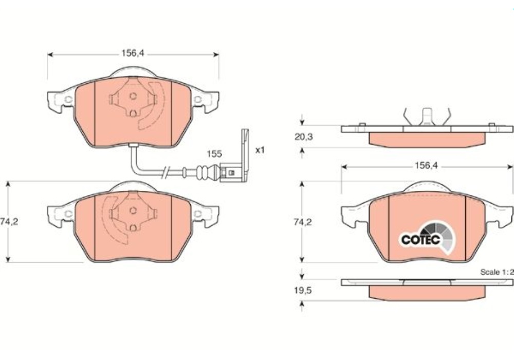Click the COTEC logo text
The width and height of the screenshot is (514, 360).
[420, 240]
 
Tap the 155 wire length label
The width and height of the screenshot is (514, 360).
[214, 154]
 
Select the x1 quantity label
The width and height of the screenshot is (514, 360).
[260, 150]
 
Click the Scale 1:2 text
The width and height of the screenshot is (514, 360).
[497, 272]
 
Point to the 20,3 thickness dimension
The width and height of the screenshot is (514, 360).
[304, 137]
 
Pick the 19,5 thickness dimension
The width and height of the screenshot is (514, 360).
[303, 291]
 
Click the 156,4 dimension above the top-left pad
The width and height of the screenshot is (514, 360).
[133, 53]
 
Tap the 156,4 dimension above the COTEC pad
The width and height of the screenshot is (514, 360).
[426, 166]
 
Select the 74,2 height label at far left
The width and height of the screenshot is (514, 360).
[9, 222]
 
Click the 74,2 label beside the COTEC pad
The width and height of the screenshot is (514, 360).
[303, 222]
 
